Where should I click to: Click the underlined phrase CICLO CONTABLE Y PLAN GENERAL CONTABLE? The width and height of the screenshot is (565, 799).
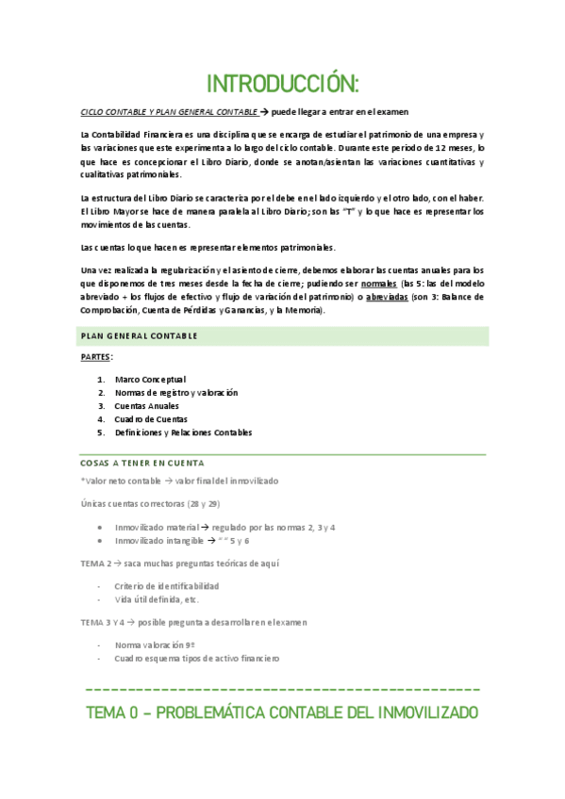(x=168, y=112)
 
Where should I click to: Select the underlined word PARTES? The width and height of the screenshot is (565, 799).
(x=96, y=358)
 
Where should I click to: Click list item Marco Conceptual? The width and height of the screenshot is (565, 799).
(x=150, y=380)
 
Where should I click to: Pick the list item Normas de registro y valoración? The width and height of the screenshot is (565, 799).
(x=176, y=393)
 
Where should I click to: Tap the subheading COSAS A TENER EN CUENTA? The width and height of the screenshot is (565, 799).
(x=141, y=464)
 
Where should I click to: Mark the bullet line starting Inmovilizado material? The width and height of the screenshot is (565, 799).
(x=224, y=528)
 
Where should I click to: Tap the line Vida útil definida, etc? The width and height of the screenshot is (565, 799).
(x=157, y=599)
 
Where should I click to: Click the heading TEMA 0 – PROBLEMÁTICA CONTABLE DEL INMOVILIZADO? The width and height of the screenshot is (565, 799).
(x=282, y=712)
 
